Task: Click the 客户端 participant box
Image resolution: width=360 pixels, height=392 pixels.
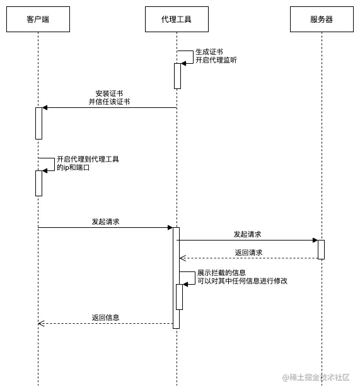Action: (38, 20)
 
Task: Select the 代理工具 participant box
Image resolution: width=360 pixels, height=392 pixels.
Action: (177, 20)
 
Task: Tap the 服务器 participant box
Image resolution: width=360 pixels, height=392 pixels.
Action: (322, 20)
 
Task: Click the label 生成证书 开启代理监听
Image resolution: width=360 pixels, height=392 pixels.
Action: (216, 56)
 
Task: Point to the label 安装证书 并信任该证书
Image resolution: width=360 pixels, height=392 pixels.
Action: (109, 97)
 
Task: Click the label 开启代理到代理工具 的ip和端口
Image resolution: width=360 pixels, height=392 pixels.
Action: (88, 163)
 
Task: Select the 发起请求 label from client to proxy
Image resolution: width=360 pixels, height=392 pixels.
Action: (105, 222)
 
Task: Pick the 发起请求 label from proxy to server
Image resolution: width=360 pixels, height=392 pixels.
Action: (247, 234)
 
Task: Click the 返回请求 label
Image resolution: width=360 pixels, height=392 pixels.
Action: (248, 252)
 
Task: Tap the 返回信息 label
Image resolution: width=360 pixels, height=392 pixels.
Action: (105, 318)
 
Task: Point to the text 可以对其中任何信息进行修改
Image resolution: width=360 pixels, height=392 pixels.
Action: (242, 281)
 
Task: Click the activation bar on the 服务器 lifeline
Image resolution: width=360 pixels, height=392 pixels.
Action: (321, 249)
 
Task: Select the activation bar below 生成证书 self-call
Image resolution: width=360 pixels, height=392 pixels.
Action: (178, 76)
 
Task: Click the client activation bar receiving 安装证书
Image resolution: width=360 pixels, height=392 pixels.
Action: (38, 123)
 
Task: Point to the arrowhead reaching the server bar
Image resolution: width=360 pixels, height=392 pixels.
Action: (315, 240)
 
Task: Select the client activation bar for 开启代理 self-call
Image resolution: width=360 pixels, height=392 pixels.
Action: (38, 183)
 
